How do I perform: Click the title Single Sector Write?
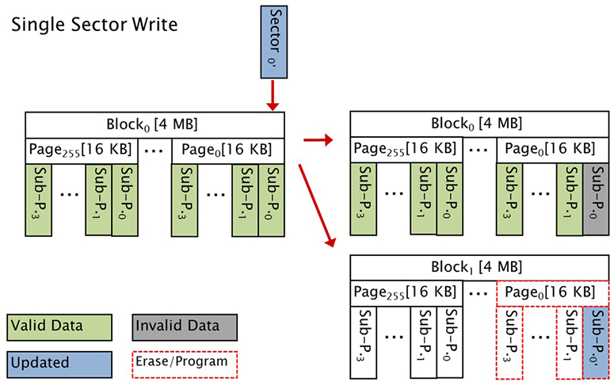click(93, 23)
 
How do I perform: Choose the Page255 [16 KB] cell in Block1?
click(404, 291)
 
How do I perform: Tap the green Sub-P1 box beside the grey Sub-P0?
click(570, 197)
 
